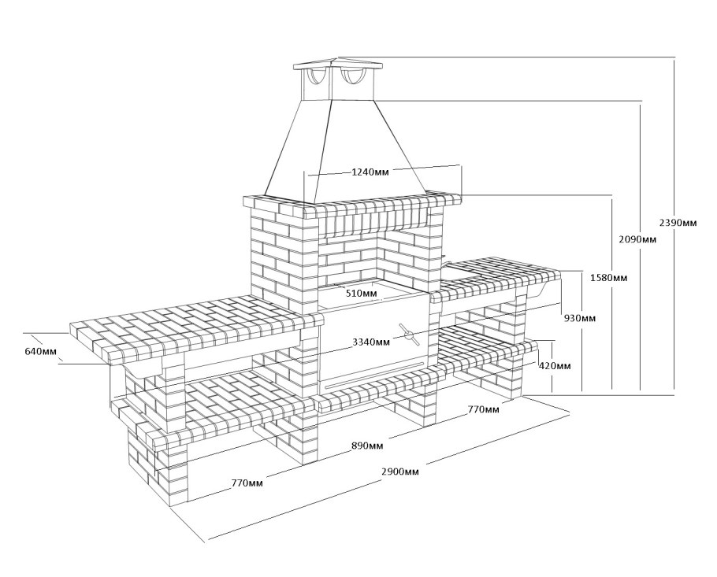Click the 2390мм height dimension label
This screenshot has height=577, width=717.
(x=678, y=223)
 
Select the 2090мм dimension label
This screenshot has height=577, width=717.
(x=637, y=239)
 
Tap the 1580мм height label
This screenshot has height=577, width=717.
(x=608, y=278)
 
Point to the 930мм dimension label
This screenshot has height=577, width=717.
(x=580, y=318)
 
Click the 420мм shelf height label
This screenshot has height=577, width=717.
(x=554, y=365)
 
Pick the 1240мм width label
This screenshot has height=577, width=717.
(x=370, y=172)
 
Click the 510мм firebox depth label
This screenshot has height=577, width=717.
(x=362, y=293)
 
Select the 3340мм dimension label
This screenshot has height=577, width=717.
(x=371, y=342)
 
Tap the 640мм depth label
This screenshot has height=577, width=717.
(x=41, y=351)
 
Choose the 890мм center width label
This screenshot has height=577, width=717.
(x=367, y=446)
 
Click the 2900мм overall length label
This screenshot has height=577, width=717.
(x=399, y=472)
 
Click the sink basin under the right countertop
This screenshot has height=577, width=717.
(x=543, y=289)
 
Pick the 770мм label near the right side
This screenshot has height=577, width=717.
(x=483, y=409)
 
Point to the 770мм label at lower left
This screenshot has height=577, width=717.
(x=247, y=483)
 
